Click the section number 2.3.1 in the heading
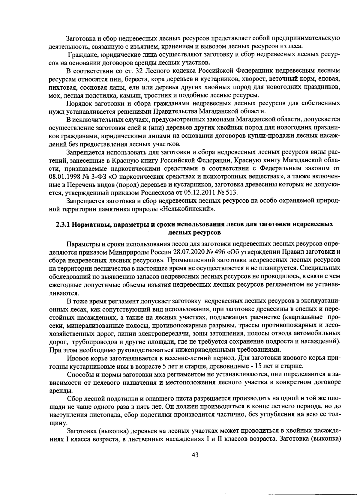(x=63, y=224)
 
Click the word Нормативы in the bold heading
(x=94, y=224)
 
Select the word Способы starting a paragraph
(x=79, y=374)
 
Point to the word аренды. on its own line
(x=58, y=391)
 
